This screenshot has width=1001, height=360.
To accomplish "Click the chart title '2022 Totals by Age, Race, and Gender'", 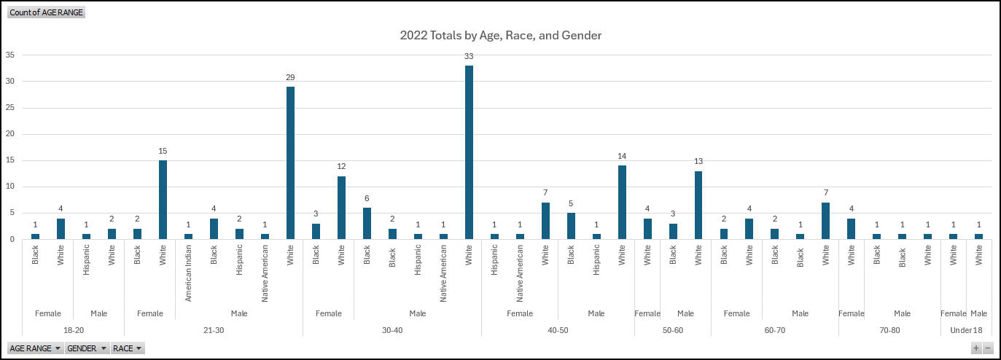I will pyautogui.click(x=500, y=35).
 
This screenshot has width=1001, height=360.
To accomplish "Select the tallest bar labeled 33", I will pyautogui.click(x=469, y=152).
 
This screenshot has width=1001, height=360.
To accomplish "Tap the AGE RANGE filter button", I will pyautogui.click(x=34, y=348).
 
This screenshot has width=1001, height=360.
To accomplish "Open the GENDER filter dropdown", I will pyautogui.click(x=87, y=348).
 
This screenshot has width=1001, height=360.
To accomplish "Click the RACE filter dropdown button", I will pyautogui.click(x=128, y=348).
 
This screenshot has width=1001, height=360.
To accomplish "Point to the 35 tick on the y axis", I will pyautogui.click(x=10, y=55).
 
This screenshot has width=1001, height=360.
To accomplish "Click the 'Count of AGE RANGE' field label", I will pyautogui.click(x=46, y=12).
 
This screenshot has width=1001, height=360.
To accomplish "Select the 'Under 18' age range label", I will pyautogui.click(x=966, y=330).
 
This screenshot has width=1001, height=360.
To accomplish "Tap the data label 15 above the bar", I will pyautogui.click(x=163, y=151).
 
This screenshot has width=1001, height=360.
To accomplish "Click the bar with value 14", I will pyautogui.click(x=622, y=202).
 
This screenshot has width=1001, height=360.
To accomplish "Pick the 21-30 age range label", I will pyautogui.click(x=214, y=330).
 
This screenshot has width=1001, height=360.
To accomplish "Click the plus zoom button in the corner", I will pyautogui.click(x=976, y=348).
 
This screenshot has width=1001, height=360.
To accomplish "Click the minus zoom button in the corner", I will pyautogui.click(x=988, y=348).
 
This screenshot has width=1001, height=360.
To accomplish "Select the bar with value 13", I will pyautogui.click(x=698, y=205).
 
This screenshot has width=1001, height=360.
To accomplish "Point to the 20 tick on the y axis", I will pyautogui.click(x=10, y=134).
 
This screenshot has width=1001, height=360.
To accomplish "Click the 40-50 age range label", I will pyautogui.click(x=558, y=330).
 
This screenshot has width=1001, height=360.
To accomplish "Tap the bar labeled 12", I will pyautogui.click(x=341, y=208).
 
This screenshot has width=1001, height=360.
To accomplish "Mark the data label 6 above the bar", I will pyautogui.click(x=367, y=198).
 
